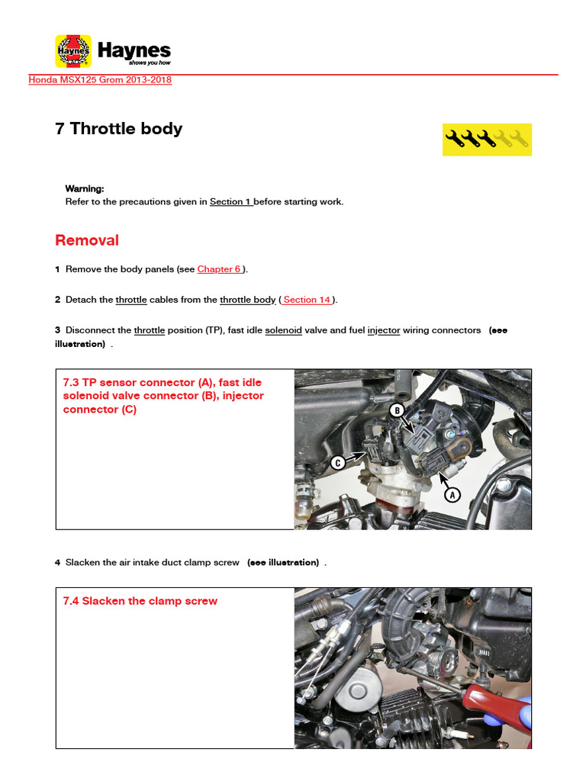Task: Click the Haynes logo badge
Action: coord(73,51)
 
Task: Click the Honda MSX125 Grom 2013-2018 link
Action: coord(100,80)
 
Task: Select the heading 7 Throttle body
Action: coord(118,129)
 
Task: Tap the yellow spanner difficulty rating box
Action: coord(487,139)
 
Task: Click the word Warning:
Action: coord(85,188)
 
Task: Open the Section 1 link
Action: coord(230,202)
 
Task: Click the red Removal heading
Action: coord(87,240)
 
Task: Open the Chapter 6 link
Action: coord(220,269)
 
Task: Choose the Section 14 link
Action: coord(307,300)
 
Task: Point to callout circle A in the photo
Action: coord(452,495)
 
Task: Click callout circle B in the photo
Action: coord(397,411)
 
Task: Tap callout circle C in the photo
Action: coord(337,462)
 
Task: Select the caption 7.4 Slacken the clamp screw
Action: coord(140,601)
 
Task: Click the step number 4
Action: coord(57,563)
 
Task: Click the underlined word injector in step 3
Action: coord(384,330)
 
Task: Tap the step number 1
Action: coord(57,269)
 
